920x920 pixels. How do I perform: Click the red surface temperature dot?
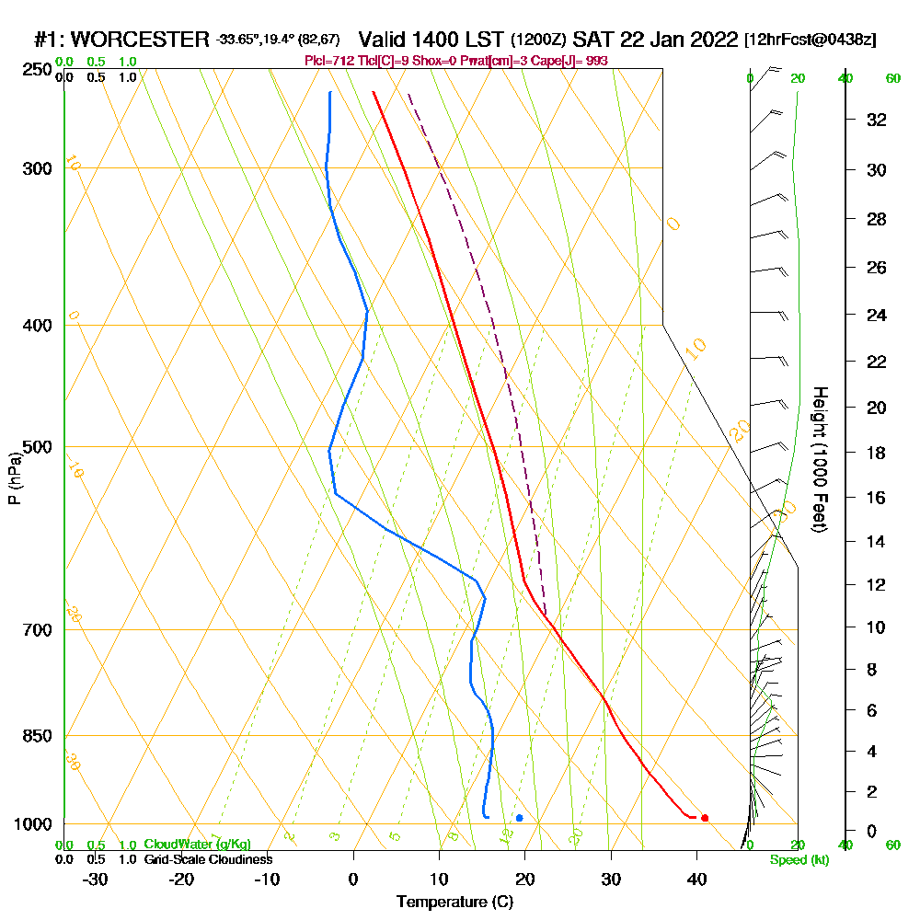pos(705,818)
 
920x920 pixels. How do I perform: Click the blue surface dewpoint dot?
pos(520,818)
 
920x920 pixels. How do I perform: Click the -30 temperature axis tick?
pos(96,879)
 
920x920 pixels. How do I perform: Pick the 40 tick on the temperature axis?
pos(696,879)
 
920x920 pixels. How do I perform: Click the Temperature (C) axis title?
pos(454,903)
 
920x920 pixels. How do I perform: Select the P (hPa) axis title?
pos(15,477)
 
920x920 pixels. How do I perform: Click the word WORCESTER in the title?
pos(140,40)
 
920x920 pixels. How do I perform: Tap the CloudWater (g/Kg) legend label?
pos(197,845)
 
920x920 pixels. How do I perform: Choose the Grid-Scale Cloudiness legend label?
pos(208,859)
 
